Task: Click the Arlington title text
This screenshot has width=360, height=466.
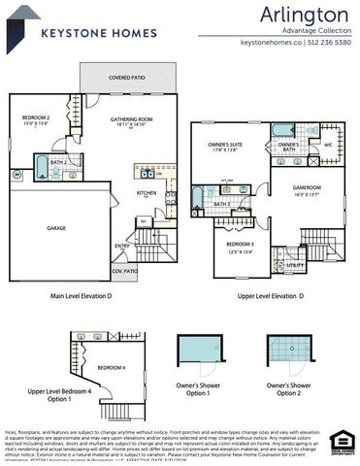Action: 304,15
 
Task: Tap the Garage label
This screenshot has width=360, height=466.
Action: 57,227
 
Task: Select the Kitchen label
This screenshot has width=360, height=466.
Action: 147,193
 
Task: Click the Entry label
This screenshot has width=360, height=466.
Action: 122,246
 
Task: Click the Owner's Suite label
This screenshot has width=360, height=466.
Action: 227,146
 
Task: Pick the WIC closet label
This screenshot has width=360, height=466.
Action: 327,145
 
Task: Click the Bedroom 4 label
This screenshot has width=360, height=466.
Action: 111,367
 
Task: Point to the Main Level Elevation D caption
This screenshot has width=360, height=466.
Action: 82,295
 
